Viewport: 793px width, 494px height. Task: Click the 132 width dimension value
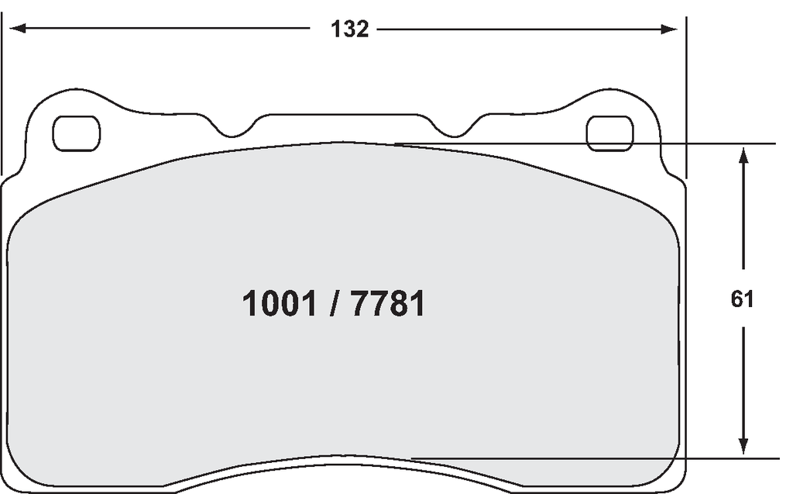point(349,29)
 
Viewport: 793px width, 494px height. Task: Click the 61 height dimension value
point(742,299)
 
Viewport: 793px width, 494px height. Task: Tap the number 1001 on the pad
point(280,304)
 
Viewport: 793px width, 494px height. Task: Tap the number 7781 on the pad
point(388,304)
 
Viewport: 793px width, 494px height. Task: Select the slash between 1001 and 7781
point(334,304)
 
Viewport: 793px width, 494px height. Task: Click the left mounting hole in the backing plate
point(77,133)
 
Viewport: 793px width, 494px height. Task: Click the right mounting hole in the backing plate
point(609,133)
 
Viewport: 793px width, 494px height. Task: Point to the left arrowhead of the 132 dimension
point(18,29)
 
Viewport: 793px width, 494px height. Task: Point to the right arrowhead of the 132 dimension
point(669,29)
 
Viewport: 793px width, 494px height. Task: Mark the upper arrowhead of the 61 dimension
point(743,155)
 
